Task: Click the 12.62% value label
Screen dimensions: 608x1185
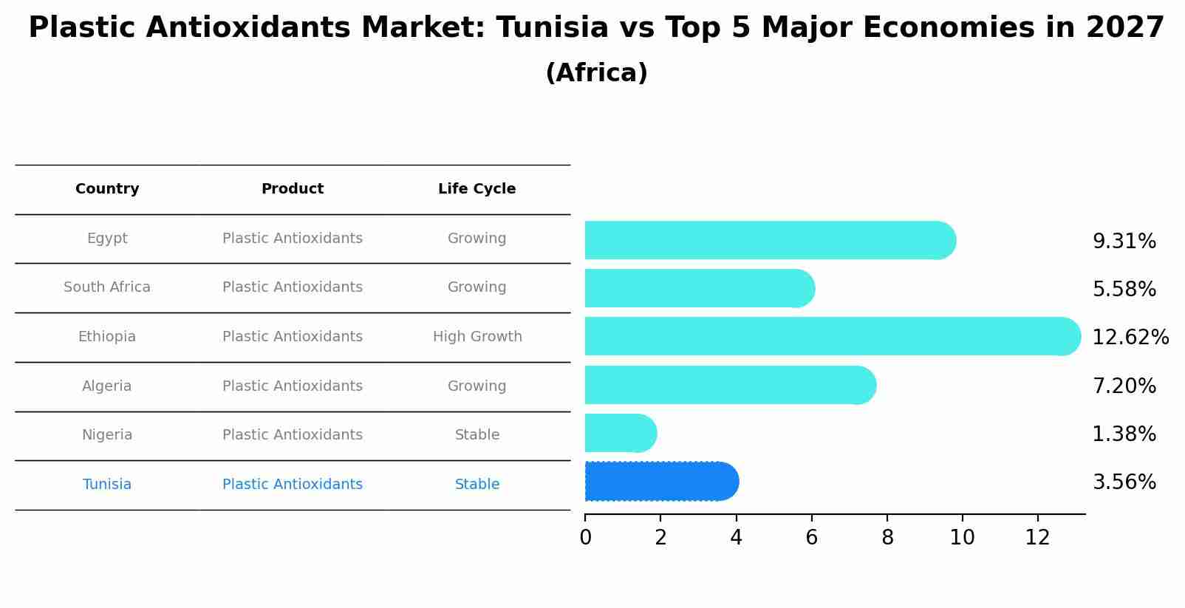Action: [x=1130, y=338]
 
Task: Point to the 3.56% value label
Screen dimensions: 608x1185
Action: [x=1124, y=482]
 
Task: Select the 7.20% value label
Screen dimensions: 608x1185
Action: [x=1124, y=386]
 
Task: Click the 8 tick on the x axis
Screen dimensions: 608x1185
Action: [x=887, y=538]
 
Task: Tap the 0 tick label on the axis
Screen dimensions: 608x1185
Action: [x=585, y=538]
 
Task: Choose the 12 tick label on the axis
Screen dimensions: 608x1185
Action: [x=1037, y=538]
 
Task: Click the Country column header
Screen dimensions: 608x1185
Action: [x=107, y=189]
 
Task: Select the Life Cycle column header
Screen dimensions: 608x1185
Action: [x=477, y=189]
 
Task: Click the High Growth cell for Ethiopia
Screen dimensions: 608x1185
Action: [x=477, y=337]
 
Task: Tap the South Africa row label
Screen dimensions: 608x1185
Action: [x=107, y=287]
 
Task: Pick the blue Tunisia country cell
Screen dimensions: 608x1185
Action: [x=107, y=485]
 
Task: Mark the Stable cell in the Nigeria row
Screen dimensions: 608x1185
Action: [x=477, y=435]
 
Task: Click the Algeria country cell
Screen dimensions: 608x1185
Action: [x=107, y=386]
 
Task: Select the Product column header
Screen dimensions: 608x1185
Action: [x=293, y=189]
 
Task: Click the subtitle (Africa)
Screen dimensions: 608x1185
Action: [x=596, y=73]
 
